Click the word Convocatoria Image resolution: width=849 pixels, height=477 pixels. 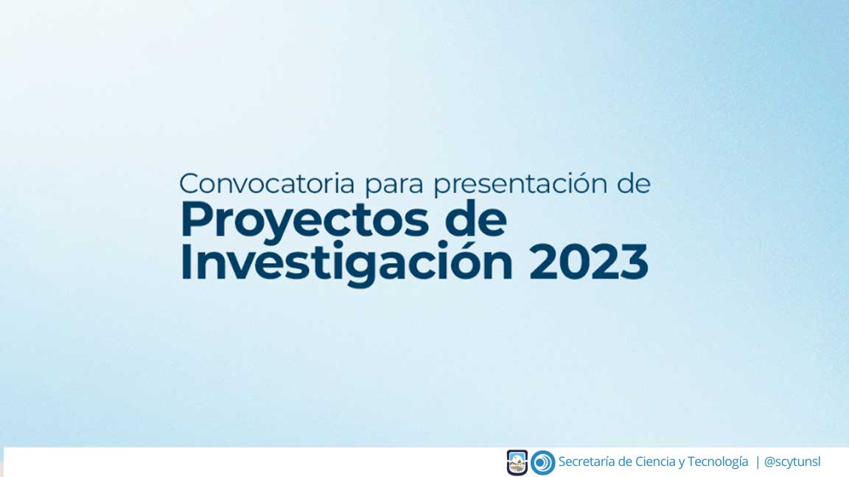tap(266, 184)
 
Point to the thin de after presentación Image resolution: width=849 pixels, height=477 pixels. tap(634, 184)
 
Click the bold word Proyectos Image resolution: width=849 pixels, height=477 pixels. tap(304, 220)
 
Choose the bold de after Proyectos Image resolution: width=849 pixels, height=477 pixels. tap(475, 219)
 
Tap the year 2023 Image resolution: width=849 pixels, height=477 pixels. tap(589, 262)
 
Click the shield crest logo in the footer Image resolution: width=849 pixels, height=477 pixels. tap(517, 462)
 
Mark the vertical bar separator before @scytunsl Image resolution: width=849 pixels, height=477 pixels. tap(758, 462)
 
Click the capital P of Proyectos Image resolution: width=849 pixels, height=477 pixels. tap(194, 219)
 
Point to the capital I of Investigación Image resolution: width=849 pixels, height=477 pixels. tap(185, 262)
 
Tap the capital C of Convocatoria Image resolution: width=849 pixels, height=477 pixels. tap(189, 184)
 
